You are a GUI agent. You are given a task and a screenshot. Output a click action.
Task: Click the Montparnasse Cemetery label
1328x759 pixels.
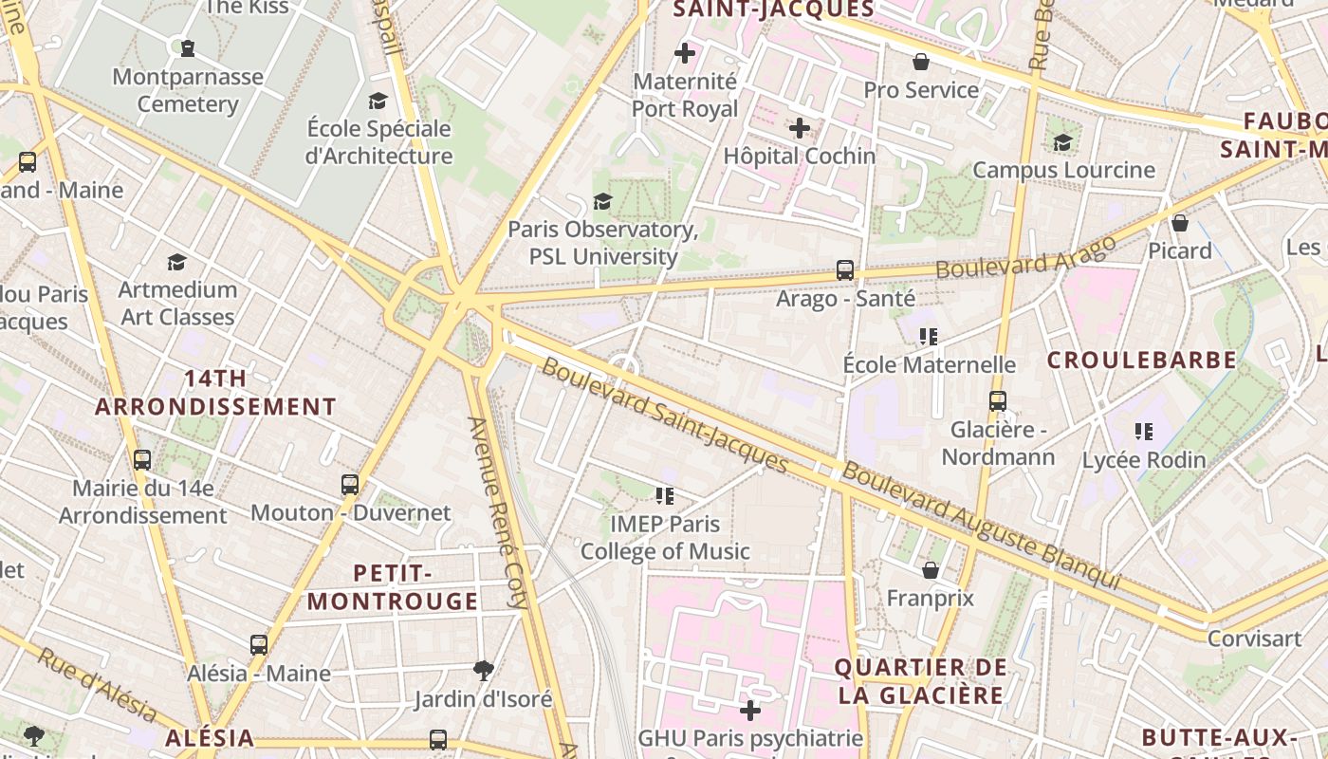coord(188,91)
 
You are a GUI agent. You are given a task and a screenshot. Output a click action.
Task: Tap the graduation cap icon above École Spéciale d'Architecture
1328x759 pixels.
coord(378,101)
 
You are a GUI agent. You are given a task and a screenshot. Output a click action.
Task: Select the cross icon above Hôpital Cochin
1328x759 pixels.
coord(800,127)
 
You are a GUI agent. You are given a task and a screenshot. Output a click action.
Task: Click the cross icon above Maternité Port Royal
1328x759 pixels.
coord(685,53)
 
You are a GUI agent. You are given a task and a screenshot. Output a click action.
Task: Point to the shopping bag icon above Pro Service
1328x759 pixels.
coord(920,63)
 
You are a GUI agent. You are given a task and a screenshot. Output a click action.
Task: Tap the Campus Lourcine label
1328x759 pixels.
coord(1063,171)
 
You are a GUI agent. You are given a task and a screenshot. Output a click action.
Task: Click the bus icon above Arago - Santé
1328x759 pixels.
coord(845,270)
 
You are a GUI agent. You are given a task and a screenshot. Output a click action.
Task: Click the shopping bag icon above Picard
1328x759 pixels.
coord(1180,223)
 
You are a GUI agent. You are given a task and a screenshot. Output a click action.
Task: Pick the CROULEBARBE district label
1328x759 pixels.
coord(1142,361)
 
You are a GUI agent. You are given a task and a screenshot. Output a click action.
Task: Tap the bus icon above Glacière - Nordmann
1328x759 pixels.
coord(997,401)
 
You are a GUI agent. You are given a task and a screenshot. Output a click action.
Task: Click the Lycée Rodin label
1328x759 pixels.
coord(1144,460)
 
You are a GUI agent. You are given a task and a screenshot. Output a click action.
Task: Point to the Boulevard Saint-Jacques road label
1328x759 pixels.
coord(664,414)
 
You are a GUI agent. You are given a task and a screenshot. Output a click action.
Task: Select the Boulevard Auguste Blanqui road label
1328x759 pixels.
coord(982,525)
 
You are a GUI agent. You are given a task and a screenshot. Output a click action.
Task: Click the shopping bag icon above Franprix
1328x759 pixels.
coord(931,570)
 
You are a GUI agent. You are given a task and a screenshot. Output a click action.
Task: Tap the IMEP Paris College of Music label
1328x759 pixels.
coord(665,538)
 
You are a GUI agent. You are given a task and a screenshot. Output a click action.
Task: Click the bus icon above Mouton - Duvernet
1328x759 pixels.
coord(350,485)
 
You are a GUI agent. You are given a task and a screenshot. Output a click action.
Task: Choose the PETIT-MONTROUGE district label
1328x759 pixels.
coord(393,587)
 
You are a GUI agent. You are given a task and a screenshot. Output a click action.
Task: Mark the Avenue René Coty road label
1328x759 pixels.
coord(497,512)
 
